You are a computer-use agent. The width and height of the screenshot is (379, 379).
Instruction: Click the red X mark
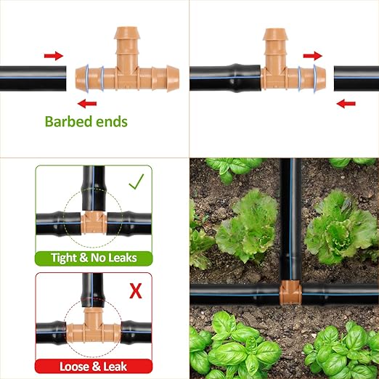point(135,291)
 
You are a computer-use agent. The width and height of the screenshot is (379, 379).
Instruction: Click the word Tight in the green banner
point(67,258)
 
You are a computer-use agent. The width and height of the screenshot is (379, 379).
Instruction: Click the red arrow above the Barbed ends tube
point(53,55)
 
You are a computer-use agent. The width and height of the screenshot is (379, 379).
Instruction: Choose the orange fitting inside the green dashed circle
point(94,219)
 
